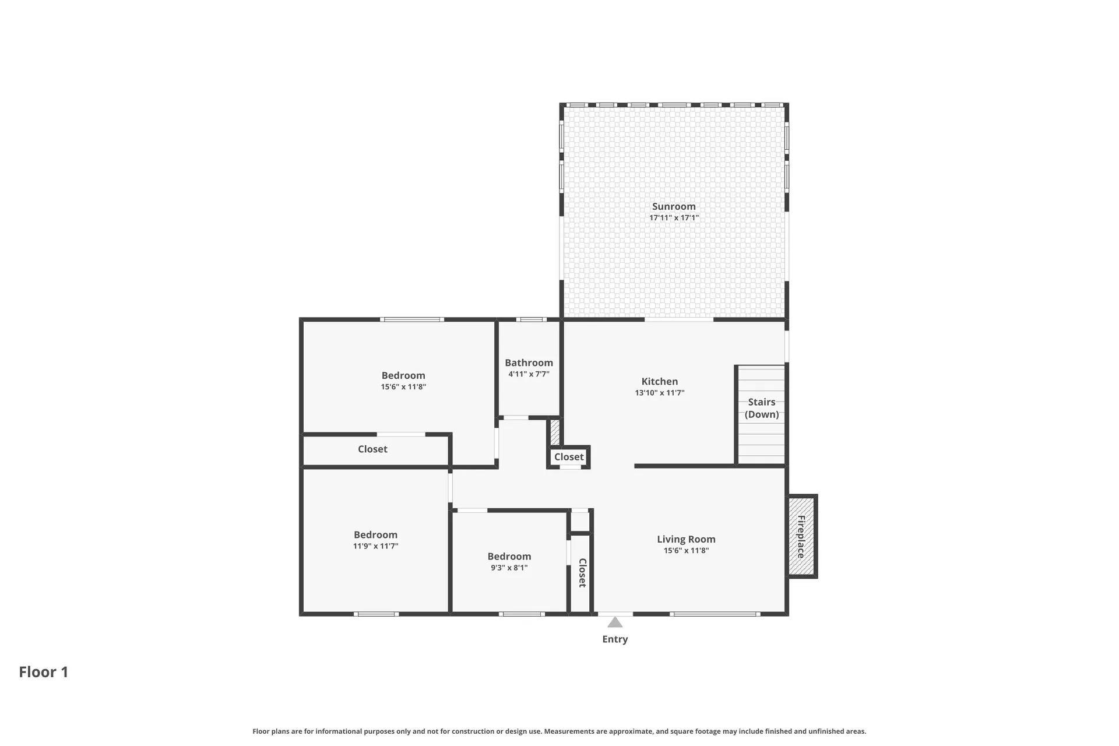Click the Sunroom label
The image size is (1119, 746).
(674, 206)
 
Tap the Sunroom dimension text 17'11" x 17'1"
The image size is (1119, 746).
(674, 218)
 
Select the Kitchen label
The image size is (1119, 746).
(659, 382)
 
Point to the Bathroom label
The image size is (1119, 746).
(529, 363)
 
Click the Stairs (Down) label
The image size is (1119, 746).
(761, 408)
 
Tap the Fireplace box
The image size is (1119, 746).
(801, 536)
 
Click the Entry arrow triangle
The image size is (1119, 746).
(615, 622)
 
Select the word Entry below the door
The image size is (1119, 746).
(615, 639)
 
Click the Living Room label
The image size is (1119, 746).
(686, 539)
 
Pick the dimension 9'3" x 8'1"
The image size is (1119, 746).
(509, 568)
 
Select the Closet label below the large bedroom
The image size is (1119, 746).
(372, 449)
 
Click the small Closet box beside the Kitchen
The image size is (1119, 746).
(568, 457)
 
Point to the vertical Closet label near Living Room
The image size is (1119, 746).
(582, 572)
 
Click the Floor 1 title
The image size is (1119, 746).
(44, 672)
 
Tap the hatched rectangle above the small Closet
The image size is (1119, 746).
(555, 432)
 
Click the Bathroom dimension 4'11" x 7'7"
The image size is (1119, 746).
(529, 374)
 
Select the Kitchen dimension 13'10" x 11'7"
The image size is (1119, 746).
(659, 393)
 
